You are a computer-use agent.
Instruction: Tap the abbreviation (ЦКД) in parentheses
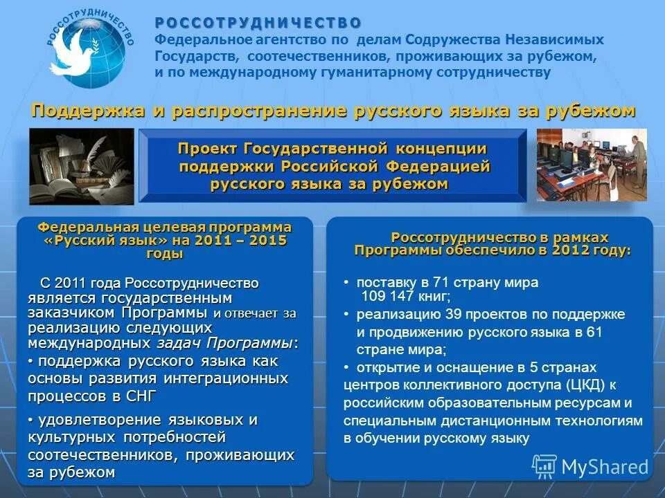[583, 385]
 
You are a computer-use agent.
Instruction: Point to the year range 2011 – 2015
[242, 241]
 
